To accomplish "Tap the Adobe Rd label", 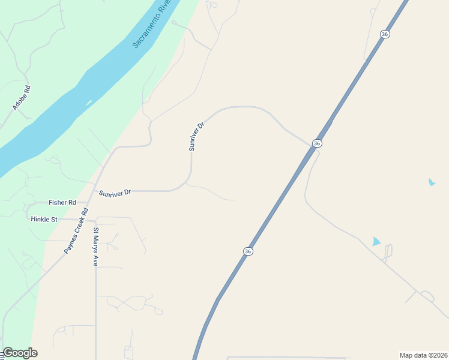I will pyautogui.click(x=22, y=98).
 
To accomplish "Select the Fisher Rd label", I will pyautogui.click(x=62, y=203).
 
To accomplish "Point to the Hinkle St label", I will pyautogui.click(x=44, y=220).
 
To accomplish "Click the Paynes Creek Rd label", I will pyautogui.click(x=76, y=230).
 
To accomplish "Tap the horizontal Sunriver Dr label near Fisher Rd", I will pyautogui.click(x=115, y=193).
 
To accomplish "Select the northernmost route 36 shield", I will pyautogui.click(x=385, y=34).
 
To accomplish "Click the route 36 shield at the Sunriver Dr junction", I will pyautogui.click(x=317, y=143).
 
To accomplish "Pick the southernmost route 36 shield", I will pyautogui.click(x=248, y=251).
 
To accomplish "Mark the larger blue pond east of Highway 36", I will pyautogui.click(x=376, y=241).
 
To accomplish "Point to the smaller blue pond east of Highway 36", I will pyautogui.click(x=431, y=182).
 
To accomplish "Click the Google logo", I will pyautogui.click(x=20, y=353).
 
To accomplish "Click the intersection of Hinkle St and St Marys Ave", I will pyautogui.click(x=95, y=220).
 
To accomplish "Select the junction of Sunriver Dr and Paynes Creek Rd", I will pyautogui.click(x=94, y=190).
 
